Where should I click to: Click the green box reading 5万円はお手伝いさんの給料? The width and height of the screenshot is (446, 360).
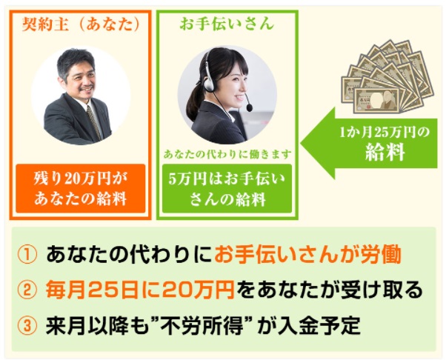[x=227, y=188]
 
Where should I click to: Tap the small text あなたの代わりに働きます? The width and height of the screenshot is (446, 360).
[x=227, y=154]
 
